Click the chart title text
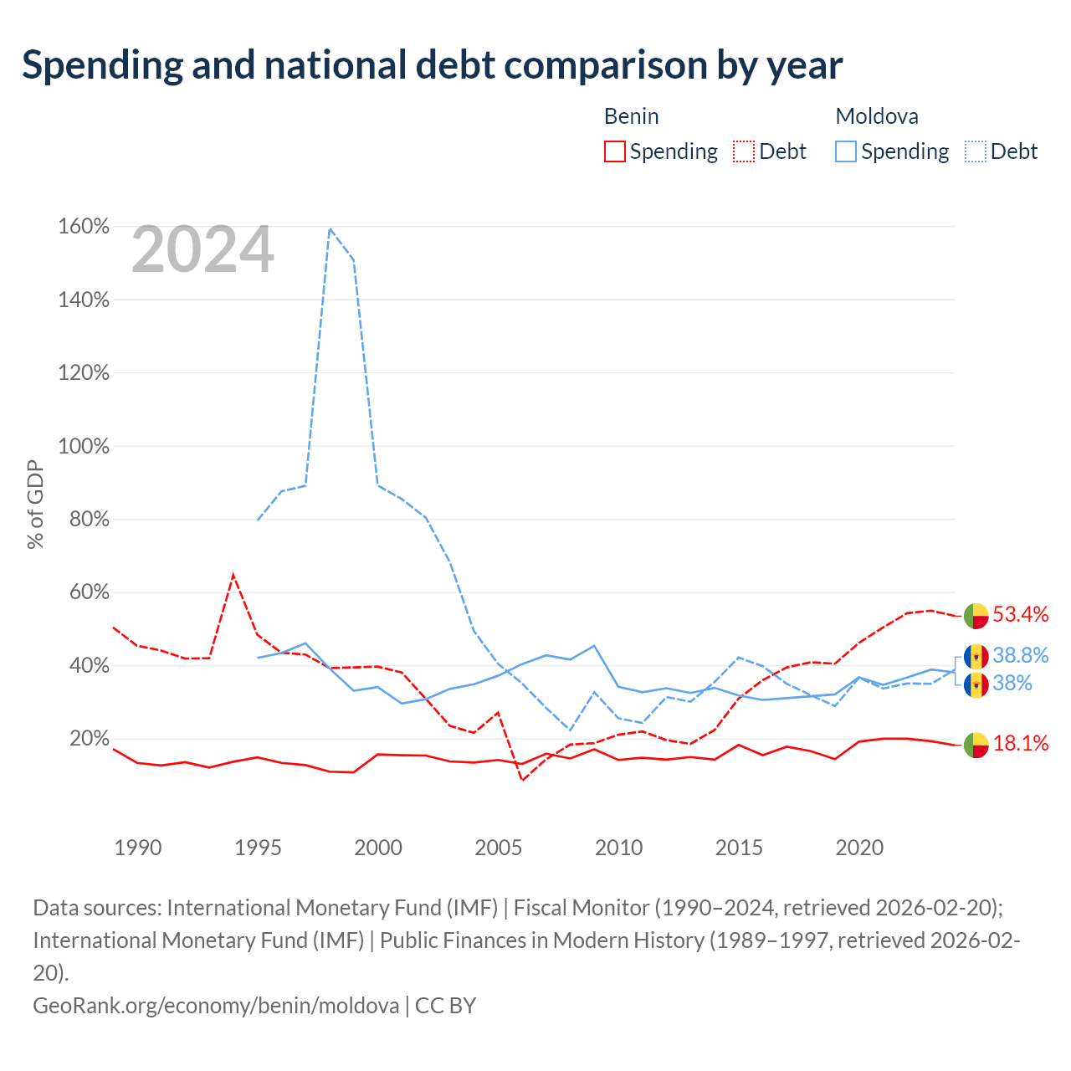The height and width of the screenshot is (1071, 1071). click(432, 65)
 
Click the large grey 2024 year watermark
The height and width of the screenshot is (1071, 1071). click(202, 249)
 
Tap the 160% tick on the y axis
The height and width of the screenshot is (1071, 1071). click(84, 226)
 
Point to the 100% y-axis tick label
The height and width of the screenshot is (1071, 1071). click(84, 446)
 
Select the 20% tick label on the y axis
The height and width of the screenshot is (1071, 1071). click(89, 738)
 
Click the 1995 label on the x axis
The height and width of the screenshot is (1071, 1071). click(258, 848)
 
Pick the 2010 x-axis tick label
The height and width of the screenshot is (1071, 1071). click(618, 848)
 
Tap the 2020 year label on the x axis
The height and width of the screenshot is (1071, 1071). click(859, 848)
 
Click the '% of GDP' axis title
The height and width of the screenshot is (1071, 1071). click(35, 504)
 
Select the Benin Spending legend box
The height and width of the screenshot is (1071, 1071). click(615, 151)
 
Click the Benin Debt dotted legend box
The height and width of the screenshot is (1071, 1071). click(744, 151)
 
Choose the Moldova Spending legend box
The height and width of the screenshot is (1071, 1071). click(845, 151)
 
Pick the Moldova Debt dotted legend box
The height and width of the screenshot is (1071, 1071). click(975, 151)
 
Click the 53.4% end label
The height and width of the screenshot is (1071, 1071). click(1021, 614)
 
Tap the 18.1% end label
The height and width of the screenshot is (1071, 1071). click(1021, 743)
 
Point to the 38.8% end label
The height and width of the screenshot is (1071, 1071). click(1021, 655)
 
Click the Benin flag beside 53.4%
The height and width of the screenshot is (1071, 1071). click(976, 616)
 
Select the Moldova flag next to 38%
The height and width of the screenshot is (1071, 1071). click(976, 684)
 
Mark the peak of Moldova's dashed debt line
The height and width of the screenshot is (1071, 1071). click(331, 229)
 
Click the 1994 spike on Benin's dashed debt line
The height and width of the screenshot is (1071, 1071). click(233, 575)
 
